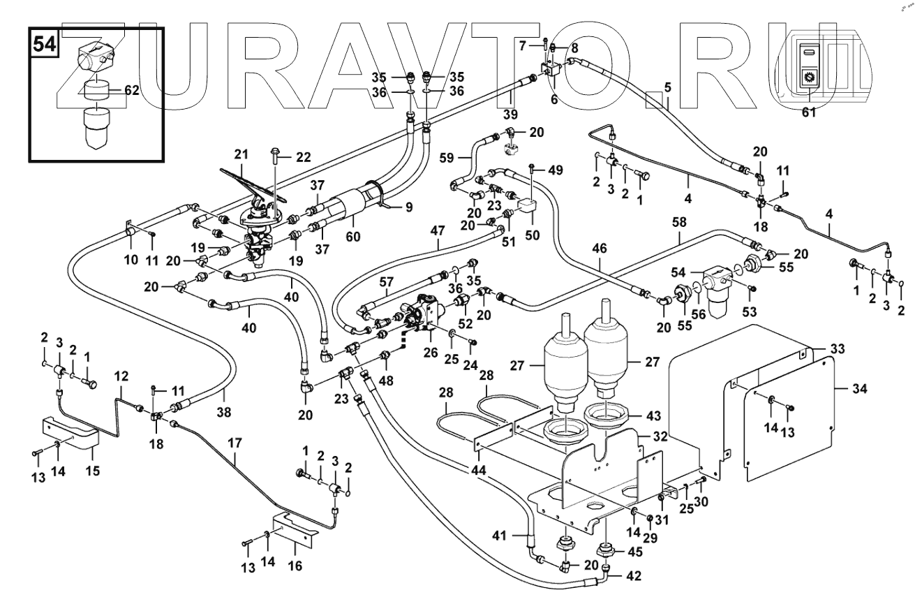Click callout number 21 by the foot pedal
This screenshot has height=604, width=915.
pos(241,154)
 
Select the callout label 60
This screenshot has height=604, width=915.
pos(353,237)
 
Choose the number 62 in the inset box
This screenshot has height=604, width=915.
pos(133,90)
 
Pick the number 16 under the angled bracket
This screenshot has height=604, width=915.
pos(295,566)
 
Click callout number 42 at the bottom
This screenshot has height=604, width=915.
pos(633,577)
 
